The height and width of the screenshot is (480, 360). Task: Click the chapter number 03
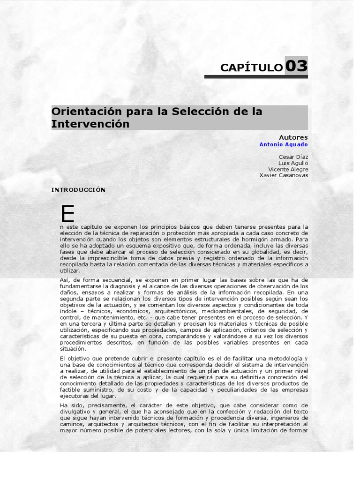(296, 66)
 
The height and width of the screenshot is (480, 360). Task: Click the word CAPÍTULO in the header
(251, 68)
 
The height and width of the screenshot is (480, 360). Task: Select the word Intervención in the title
(90, 124)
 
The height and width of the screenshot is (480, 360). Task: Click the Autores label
(293, 137)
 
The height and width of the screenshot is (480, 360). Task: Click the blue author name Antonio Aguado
(284, 145)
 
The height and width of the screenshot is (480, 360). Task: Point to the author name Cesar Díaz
(293, 157)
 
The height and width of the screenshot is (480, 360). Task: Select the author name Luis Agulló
(293, 163)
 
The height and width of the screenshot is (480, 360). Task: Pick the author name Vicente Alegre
(288, 169)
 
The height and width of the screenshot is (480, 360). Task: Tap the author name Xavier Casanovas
(284, 175)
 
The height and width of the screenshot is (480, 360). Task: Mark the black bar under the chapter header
(256, 76)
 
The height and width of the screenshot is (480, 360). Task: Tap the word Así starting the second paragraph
(65, 280)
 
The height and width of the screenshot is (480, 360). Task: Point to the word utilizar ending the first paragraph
(70, 271)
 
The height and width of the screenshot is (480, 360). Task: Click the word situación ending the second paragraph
(74, 349)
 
